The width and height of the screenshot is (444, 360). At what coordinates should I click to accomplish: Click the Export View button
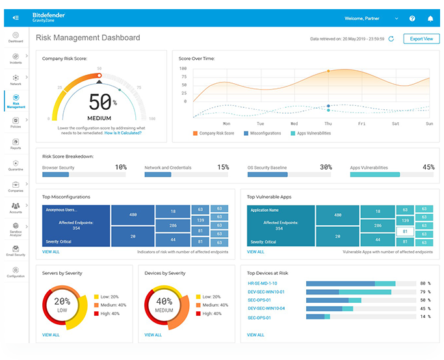click(422, 39)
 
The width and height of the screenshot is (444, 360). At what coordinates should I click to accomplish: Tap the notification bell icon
click(430, 18)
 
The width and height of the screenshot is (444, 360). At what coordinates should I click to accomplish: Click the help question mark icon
click(412, 18)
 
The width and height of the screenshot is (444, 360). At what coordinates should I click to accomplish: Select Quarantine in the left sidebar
click(15, 164)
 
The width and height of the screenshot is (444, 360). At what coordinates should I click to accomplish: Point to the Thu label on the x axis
click(328, 123)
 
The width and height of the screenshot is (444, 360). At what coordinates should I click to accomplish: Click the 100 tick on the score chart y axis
click(183, 68)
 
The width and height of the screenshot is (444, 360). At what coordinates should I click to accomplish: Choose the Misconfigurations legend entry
click(265, 133)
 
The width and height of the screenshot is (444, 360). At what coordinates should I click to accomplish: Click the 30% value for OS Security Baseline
click(326, 167)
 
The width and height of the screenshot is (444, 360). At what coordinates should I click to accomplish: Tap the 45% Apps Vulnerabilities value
click(428, 167)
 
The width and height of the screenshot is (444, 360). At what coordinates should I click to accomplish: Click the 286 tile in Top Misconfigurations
click(172, 225)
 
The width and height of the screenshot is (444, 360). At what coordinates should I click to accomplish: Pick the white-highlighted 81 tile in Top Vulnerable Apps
click(404, 231)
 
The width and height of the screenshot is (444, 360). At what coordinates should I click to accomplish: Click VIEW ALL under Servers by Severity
click(51, 335)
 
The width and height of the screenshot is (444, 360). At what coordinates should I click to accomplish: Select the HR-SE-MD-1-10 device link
click(262, 283)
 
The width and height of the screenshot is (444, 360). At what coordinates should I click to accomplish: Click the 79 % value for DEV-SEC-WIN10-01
click(424, 292)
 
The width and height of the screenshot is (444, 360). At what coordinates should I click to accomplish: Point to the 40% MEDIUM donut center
click(164, 303)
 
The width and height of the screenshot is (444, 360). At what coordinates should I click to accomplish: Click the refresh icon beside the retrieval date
click(391, 39)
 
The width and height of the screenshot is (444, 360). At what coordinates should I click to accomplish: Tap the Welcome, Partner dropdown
click(371, 18)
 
